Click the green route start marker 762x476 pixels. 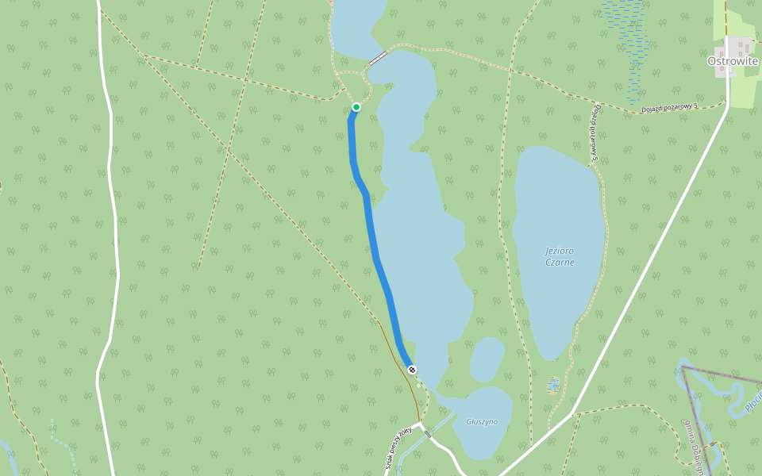[356, 107]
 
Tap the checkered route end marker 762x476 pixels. [411, 369]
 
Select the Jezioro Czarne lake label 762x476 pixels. [560, 256]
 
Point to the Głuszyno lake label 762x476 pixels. [482, 421]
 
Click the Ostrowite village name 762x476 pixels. [733, 61]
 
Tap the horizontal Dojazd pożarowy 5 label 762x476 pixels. [669, 108]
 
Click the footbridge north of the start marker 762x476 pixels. [378, 57]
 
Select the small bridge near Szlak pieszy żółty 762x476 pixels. [428, 433]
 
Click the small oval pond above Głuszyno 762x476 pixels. [487, 359]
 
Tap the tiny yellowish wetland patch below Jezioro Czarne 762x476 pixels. [552, 386]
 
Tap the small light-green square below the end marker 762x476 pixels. [419, 386]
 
